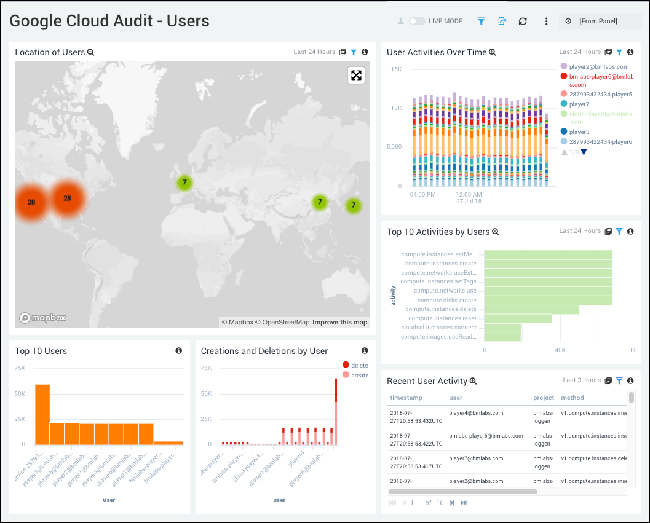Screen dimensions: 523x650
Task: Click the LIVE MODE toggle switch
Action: coord(417,21)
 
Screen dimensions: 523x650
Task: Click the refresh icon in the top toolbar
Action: coord(523,21)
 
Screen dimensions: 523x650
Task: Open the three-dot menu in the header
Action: coord(546,21)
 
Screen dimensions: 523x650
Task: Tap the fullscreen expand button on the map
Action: coord(356,76)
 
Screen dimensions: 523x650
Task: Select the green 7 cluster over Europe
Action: coord(184,183)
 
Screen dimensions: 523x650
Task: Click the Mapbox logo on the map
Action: coord(42,318)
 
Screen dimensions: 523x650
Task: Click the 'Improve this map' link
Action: coord(339,322)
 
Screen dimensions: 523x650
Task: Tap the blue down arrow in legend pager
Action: coord(584,152)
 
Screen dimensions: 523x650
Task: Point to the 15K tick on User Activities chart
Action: coord(395,69)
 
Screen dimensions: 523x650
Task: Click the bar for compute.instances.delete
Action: coord(532,310)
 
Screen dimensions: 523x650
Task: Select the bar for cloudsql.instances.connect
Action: coord(503,328)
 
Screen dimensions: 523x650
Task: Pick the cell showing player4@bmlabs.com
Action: coord(476,413)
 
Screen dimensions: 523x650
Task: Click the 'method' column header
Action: coord(573,398)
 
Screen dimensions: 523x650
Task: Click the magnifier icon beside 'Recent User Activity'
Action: coord(474,381)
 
